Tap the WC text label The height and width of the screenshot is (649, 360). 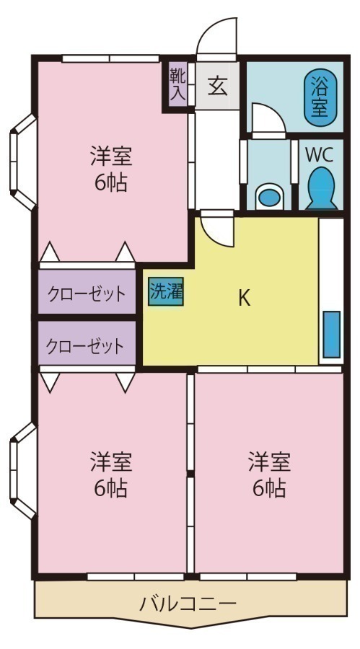click(x=318, y=154)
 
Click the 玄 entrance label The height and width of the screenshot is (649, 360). click(x=217, y=87)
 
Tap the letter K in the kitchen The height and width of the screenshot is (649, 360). click(x=244, y=298)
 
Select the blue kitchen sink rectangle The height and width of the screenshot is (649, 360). click(x=331, y=333)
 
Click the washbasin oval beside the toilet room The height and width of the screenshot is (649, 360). click(x=268, y=195)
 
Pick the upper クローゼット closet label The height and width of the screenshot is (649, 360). click(x=87, y=293)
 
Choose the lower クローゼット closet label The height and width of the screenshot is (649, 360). click(x=85, y=346)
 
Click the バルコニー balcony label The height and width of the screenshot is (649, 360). click(x=188, y=603)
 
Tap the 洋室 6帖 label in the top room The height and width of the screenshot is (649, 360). click(x=111, y=169)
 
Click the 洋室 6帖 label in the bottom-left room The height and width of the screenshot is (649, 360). click(x=111, y=474)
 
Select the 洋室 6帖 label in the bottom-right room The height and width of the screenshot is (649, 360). click(x=269, y=474)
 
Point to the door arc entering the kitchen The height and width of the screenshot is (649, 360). click(x=217, y=231)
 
